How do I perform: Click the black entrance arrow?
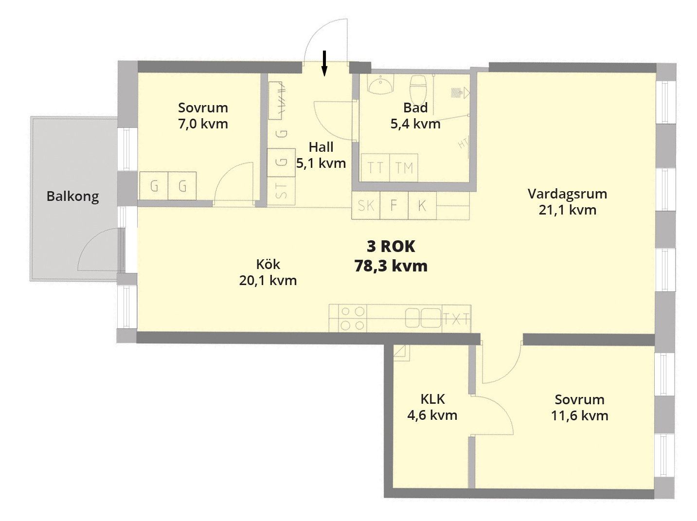324,64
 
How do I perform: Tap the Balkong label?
73,197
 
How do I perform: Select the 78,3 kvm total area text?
391,266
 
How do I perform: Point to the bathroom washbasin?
381,84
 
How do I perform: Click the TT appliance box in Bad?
375,168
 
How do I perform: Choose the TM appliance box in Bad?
404,168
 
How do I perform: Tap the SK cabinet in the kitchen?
366,205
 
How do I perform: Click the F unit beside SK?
394,205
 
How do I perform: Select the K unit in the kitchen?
422,205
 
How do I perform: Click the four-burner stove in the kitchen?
353,319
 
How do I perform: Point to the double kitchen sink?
423,318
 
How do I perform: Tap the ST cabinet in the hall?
281,191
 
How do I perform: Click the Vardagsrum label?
568,194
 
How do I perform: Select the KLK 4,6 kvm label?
432,407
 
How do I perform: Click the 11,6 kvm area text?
579,415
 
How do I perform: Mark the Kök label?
268,264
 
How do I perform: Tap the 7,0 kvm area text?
203,124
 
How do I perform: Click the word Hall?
321,147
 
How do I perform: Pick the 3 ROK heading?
391,246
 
